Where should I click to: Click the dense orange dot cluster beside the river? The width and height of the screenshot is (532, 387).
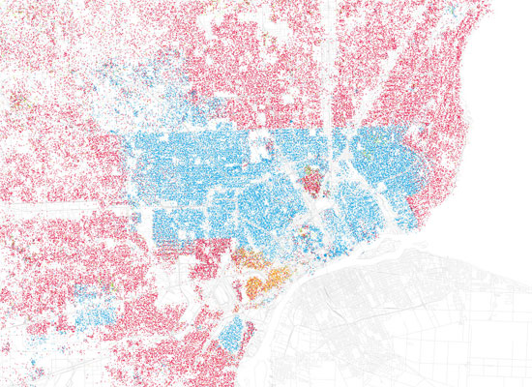(267, 283)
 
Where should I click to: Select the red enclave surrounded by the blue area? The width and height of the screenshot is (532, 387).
(312, 179)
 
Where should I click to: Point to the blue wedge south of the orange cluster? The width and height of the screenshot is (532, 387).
(232, 334)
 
